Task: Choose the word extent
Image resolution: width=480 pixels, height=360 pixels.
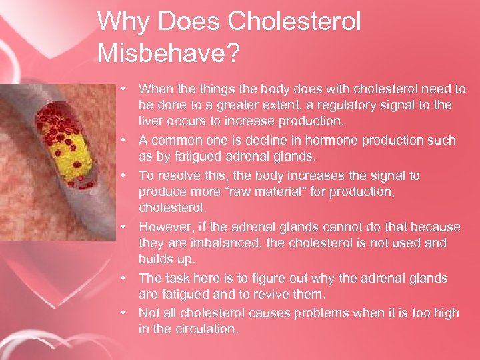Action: click(x=281, y=105)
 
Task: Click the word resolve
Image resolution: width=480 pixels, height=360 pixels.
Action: click(x=175, y=176)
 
